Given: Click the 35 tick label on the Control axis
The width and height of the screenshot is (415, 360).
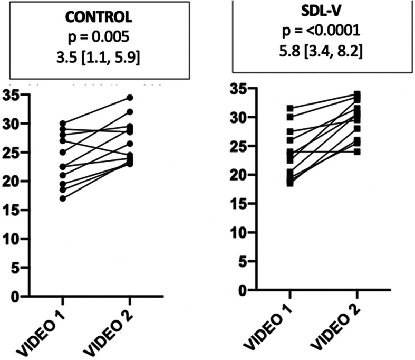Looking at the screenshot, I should [x=12, y=96].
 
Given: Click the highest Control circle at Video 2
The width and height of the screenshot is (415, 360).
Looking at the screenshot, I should [x=129, y=98].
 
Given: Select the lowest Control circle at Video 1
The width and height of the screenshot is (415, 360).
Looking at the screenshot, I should [x=63, y=199].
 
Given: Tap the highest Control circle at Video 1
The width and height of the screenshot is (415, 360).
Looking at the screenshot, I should [x=63, y=124].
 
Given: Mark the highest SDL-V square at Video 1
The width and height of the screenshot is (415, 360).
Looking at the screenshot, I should [x=289, y=108].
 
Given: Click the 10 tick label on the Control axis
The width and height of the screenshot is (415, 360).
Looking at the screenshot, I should [x=12, y=240].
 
